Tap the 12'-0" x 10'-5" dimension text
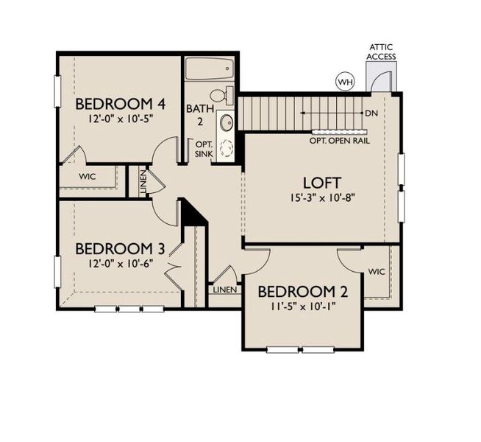(x=118, y=118)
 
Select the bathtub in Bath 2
(x=208, y=71)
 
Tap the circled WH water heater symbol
(x=343, y=80)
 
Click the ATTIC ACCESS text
(x=382, y=52)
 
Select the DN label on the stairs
(x=371, y=113)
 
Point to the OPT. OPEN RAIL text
(x=339, y=139)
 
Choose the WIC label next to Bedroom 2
(x=377, y=272)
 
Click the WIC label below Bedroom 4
(x=88, y=177)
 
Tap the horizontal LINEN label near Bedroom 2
(x=225, y=290)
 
